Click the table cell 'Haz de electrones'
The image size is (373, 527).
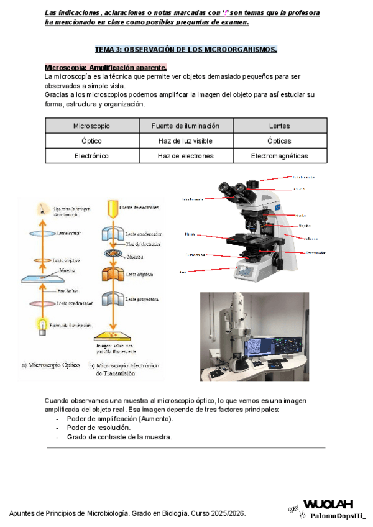point(185,156)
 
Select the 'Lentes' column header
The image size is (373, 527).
point(279,126)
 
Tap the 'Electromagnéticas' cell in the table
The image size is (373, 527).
point(279,156)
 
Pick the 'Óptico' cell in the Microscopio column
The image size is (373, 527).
point(91,141)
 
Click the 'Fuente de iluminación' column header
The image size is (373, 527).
point(185,126)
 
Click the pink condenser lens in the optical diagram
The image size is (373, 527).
point(42,303)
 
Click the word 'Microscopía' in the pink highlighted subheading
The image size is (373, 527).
point(65,67)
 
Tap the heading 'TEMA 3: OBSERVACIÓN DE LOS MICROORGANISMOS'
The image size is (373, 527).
point(185,50)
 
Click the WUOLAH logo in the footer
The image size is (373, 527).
point(328,504)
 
